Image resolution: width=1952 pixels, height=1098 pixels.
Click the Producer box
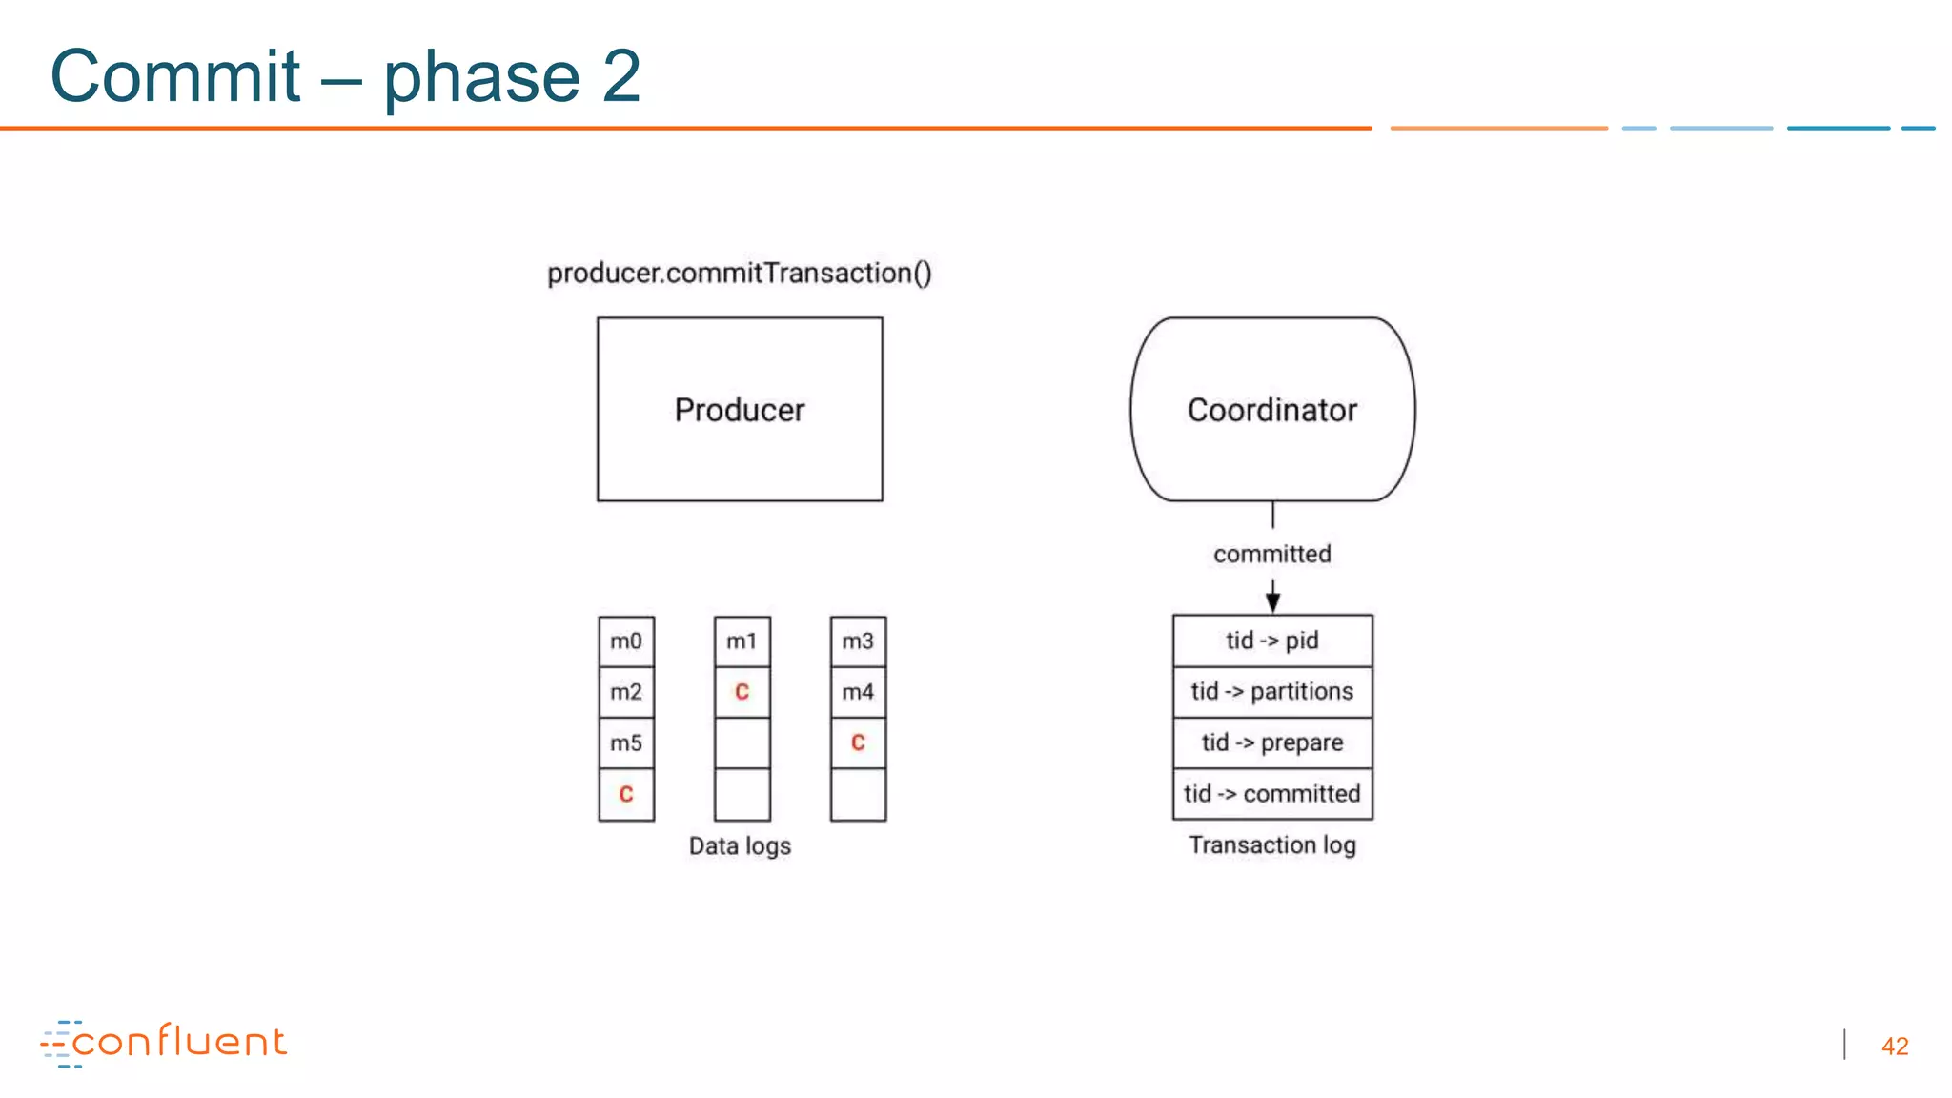(x=740, y=410)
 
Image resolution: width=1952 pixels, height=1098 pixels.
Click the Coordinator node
(x=1272, y=410)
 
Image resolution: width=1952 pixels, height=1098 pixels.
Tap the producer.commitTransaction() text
(x=740, y=274)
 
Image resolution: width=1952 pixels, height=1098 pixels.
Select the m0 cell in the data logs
(x=626, y=641)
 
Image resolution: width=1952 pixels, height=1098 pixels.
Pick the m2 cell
(x=626, y=692)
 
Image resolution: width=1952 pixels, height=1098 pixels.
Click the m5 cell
(x=626, y=743)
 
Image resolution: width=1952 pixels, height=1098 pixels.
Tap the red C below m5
(x=626, y=794)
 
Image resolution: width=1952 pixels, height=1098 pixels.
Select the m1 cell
(x=742, y=641)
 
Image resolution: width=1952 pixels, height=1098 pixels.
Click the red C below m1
(x=742, y=692)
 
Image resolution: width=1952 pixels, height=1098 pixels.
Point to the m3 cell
(x=858, y=641)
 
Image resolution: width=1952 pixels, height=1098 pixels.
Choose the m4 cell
(x=858, y=692)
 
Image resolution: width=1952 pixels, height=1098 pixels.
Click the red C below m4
(x=858, y=743)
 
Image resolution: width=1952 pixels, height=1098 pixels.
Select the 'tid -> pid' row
(x=1272, y=640)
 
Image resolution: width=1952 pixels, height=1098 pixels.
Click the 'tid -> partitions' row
(x=1272, y=692)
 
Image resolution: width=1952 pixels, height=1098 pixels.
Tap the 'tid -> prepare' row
(x=1272, y=742)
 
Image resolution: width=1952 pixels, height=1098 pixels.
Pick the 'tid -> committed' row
(x=1272, y=794)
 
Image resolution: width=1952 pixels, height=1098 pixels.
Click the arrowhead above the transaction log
(x=1272, y=602)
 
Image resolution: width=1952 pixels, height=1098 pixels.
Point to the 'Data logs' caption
(x=740, y=846)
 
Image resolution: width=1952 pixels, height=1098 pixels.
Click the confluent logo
(x=164, y=1043)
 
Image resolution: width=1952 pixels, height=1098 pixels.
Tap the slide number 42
(x=1894, y=1047)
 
